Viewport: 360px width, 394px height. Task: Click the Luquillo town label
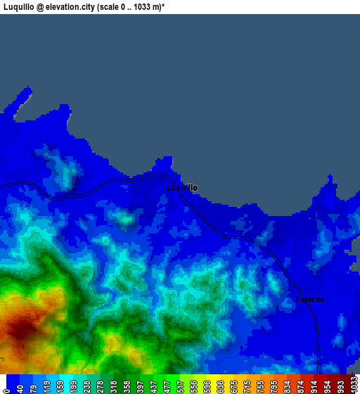tap(182, 188)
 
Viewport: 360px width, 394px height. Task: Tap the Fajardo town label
tap(310, 300)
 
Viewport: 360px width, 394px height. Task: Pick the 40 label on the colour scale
tap(20, 386)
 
